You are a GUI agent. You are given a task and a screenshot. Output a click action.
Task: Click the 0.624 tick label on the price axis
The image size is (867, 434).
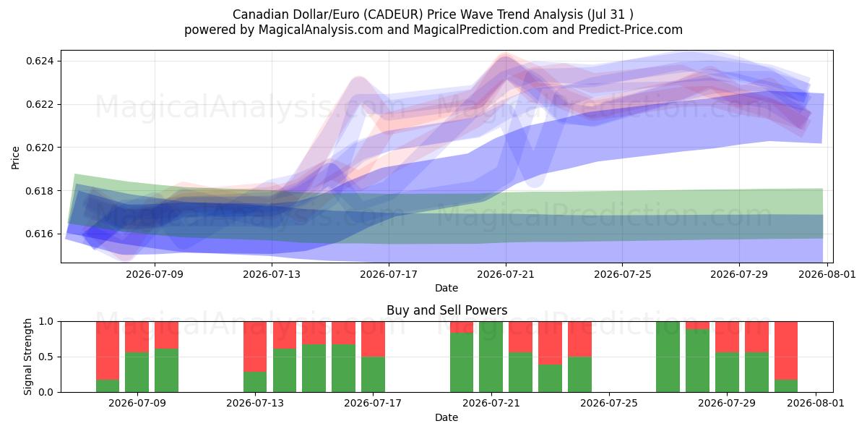(40, 61)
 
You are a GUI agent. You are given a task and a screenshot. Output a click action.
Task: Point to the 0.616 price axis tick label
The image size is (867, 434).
(40, 234)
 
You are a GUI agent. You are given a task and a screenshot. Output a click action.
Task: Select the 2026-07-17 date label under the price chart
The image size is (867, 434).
(389, 275)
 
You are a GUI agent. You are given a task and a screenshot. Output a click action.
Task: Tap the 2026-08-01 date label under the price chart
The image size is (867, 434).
(827, 275)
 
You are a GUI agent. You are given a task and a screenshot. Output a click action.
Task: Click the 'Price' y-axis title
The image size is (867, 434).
(15, 158)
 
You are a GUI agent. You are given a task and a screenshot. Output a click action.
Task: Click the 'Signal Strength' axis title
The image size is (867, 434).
(27, 357)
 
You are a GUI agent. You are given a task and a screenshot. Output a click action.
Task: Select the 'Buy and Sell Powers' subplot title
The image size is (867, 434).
(447, 310)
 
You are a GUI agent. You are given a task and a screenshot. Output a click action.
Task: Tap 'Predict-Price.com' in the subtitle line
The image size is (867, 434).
(631, 30)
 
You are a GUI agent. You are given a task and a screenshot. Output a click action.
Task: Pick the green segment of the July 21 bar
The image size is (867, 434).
(491, 357)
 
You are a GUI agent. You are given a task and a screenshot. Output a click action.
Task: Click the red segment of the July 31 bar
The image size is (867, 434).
(786, 351)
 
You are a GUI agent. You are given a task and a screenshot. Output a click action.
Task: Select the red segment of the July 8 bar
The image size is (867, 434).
(108, 351)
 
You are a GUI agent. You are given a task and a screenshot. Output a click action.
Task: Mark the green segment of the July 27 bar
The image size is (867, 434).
(668, 357)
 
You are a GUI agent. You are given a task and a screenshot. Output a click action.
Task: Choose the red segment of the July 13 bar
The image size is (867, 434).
(255, 346)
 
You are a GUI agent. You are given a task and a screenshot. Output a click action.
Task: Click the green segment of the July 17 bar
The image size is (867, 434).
(373, 375)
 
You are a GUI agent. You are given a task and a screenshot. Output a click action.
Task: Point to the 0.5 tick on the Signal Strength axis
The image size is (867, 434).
(46, 357)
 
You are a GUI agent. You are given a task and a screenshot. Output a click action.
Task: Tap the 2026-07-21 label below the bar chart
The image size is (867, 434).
(491, 404)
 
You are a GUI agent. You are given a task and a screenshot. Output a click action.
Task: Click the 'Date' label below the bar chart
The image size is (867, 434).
(447, 418)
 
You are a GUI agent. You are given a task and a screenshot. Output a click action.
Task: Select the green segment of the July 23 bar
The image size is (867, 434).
(550, 378)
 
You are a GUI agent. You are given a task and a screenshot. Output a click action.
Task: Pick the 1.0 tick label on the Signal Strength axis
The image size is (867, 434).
(46, 322)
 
